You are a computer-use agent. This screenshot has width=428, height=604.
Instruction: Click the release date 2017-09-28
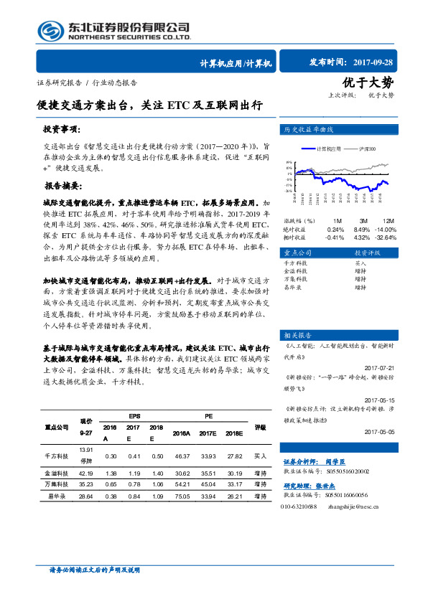point(384,63)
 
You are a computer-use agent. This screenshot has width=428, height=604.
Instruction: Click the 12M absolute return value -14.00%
point(385,229)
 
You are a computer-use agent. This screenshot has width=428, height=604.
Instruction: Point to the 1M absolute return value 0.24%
point(334,229)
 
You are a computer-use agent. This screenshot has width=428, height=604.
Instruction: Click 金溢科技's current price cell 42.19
point(86,474)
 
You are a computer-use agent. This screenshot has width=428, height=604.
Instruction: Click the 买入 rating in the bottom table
point(261,456)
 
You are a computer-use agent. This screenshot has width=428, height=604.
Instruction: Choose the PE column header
point(208,416)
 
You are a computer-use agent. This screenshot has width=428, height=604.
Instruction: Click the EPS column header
point(134,416)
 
